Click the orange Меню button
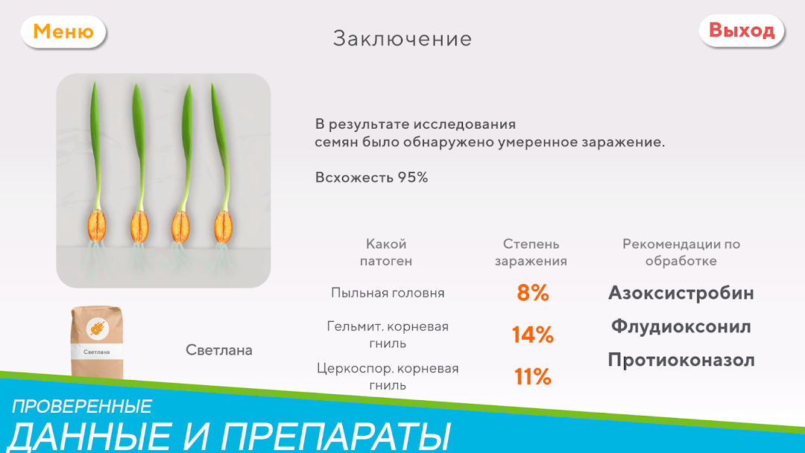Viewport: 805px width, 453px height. click(x=63, y=32)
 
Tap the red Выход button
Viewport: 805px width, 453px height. click(x=742, y=31)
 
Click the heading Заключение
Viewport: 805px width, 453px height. click(x=402, y=39)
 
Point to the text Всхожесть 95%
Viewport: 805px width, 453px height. click(x=371, y=177)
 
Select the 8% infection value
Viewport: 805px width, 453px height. click(x=533, y=293)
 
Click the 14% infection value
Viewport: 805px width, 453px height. click(x=532, y=335)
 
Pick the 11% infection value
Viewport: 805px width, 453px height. click(x=532, y=377)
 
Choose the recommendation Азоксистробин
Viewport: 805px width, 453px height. click(x=681, y=293)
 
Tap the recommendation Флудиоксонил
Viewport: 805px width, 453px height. click(x=681, y=326)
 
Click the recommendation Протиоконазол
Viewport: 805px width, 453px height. click(x=681, y=360)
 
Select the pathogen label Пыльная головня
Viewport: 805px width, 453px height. click(x=388, y=293)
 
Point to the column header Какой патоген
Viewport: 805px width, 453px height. click(x=386, y=253)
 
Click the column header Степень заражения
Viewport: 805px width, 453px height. click(x=531, y=253)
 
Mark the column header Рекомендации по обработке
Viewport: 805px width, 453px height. click(x=681, y=253)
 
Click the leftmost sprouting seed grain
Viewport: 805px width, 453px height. click(x=96, y=225)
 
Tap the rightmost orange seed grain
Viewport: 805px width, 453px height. click(x=224, y=226)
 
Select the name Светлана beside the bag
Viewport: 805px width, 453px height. click(x=218, y=350)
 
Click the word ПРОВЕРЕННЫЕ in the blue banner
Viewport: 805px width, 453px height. click(x=82, y=407)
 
